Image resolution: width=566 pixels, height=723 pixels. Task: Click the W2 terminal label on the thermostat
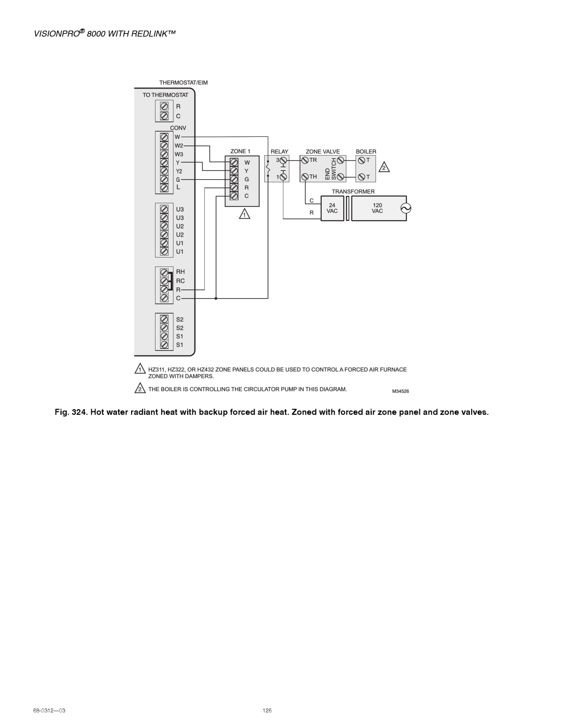tap(179, 146)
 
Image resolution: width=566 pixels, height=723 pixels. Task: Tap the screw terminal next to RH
tap(164, 273)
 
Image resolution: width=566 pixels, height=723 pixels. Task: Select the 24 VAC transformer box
tap(332, 208)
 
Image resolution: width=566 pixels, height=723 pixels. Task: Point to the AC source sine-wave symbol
tap(406, 208)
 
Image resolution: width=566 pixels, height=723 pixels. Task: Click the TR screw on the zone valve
tap(305, 161)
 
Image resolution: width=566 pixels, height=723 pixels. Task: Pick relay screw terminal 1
tap(283, 177)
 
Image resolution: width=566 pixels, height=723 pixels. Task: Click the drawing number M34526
tap(400, 391)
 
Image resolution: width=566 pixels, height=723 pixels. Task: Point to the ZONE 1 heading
tap(240, 151)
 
